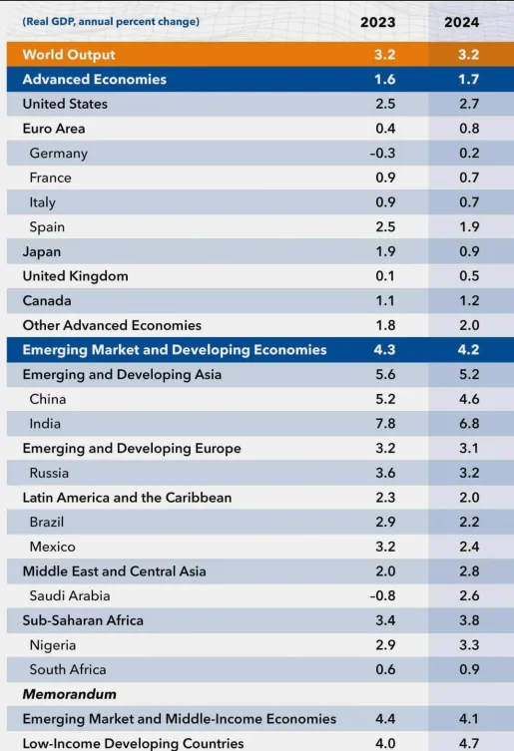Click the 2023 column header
(378, 22)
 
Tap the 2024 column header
(461, 22)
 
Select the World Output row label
(69, 55)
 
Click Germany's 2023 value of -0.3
(382, 154)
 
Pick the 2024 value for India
(469, 424)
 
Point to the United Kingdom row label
(75, 276)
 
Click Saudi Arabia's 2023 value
(382, 595)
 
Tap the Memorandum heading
(70, 694)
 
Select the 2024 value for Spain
(469, 227)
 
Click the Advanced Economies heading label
(95, 80)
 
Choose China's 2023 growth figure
(385, 399)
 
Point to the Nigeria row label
(53, 645)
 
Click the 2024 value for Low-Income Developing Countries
(469, 744)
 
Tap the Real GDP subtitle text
(111, 22)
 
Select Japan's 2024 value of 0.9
(469, 251)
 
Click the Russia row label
(49, 473)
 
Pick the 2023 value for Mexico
(385, 547)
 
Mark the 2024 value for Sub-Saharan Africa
(469, 620)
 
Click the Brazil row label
(47, 522)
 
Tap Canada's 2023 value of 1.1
(385, 301)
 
